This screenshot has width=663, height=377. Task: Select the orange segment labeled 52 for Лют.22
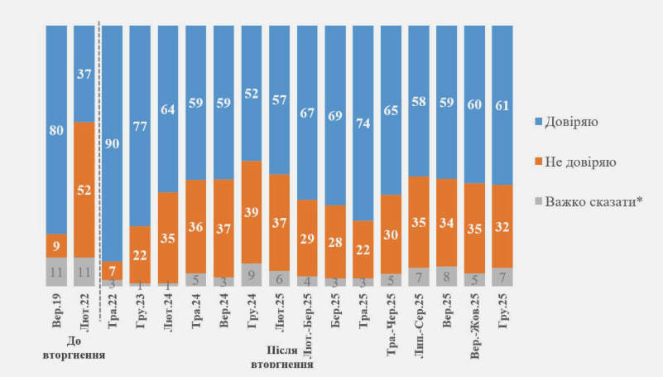tap(84, 189)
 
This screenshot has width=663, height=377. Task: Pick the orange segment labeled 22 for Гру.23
tap(141, 254)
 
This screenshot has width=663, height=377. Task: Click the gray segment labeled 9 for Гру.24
tap(252, 275)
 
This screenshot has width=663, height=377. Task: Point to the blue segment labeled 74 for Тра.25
tap(363, 123)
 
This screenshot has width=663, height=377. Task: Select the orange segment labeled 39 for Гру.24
tap(252, 212)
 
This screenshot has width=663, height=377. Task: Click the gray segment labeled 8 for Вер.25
tap(447, 277)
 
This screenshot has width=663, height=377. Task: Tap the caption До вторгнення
tap(74, 348)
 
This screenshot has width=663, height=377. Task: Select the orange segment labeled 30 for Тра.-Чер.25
tap(392, 234)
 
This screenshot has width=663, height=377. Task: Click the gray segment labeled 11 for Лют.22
tap(84, 272)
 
